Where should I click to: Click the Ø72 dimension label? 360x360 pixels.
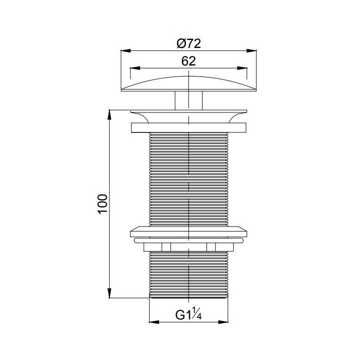point(188,43)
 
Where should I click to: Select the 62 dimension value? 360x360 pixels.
point(188,61)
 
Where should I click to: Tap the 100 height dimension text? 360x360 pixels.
point(102,204)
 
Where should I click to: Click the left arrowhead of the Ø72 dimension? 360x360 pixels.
point(126,50)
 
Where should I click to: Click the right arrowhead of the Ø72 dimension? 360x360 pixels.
point(251,50)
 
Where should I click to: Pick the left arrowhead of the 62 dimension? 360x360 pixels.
point(135,68)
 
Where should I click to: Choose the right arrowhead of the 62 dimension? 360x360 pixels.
point(242,68)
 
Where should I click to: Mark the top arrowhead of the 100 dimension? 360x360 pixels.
point(109,115)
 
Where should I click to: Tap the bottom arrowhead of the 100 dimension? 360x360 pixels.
point(109,293)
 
